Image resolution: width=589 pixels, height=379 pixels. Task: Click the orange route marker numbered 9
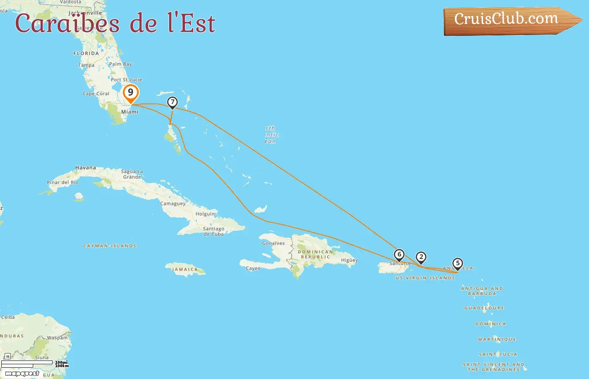click(130, 93)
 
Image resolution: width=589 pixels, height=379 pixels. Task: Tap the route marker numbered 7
click(172, 102)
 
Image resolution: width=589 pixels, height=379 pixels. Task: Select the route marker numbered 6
click(399, 254)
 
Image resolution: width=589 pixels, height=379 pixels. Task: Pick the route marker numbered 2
click(421, 257)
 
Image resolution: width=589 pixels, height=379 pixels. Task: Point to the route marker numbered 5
click(458, 263)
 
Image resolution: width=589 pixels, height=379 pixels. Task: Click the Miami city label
click(130, 112)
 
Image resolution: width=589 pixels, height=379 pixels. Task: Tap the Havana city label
click(85, 168)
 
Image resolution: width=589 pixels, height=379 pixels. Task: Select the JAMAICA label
click(185, 270)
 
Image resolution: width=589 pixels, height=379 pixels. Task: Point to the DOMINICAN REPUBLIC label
click(316, 254)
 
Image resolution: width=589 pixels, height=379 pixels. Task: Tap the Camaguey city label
click(172, 204)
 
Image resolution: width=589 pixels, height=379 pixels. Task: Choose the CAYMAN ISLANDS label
click(110, 246)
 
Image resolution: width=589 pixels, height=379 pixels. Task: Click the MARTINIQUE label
click(497, 339)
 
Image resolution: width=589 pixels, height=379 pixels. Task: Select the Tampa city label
click(86, 65)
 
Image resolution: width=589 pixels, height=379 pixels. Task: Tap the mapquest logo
click(22, 374)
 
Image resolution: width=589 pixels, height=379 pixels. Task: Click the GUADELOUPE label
click(484, 308)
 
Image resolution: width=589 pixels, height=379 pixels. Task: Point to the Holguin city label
click(205, 214)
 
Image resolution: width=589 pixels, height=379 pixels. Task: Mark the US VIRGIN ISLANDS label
click(425, 278)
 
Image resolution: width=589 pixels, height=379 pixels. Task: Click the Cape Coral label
click(96, 94)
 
